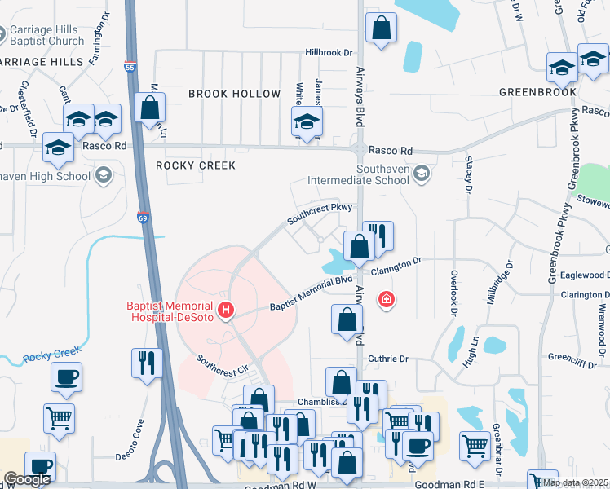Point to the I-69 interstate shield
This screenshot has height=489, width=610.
point(141,218)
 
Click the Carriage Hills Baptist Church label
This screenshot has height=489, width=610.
point(46,36)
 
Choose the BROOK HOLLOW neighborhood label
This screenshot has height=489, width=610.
point(234,94)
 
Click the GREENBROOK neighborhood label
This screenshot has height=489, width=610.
point(537,92)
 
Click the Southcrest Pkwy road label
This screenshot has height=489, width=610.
point(319,214)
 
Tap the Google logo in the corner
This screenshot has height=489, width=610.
point(27,479)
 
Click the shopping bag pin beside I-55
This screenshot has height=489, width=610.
point(149,108)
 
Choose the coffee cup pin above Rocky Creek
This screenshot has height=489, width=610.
point(66,377)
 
